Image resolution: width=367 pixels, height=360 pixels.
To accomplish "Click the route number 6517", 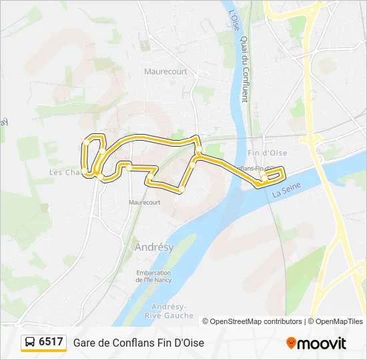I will click(x=51, y=342).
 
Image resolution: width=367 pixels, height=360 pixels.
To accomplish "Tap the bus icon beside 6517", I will click(x=30, y=342).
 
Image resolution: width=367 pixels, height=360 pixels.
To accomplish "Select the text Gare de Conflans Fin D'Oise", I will click(x=139, y=343).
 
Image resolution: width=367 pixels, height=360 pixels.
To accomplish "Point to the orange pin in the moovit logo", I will click(x=291, y=343).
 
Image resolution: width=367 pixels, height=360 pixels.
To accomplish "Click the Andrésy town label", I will click(x=154, y=247).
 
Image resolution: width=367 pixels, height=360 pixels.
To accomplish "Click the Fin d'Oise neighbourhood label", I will click(x=267, y=153).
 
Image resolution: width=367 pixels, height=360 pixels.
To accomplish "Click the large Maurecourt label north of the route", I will click(x=165, y=70).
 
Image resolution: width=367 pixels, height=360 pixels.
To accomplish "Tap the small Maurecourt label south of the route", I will click(x=145, y=201).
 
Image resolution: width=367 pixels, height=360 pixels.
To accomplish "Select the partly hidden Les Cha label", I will click(x=65, y=172).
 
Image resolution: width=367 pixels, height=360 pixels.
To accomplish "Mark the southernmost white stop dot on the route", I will click(x=181, y=190).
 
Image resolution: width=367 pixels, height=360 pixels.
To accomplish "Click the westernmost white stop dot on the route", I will click(x=87, y=142).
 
